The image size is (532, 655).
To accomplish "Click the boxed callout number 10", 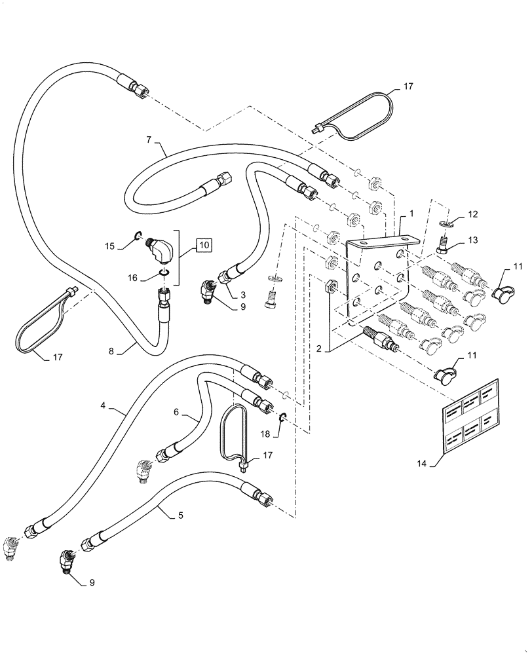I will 203,246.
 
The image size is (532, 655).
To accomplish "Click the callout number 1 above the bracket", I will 411,214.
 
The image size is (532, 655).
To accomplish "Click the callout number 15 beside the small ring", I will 109,246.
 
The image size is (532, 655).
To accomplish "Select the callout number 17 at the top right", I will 408,85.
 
